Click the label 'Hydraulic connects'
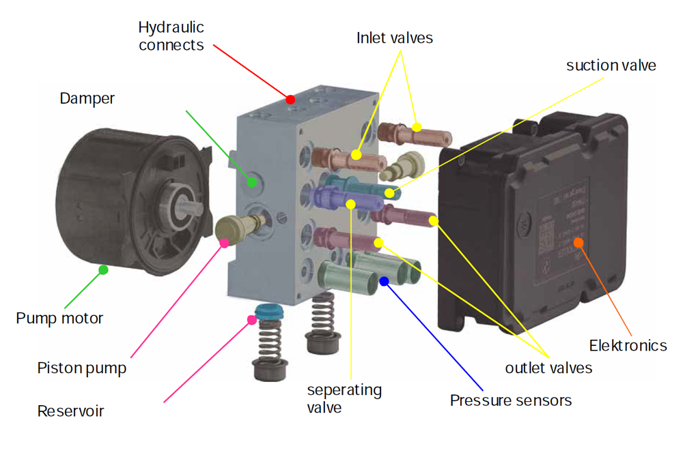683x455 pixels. coord(171,36)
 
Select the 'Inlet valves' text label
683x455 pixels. coord(394,38)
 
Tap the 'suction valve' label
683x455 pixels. coord(611,65)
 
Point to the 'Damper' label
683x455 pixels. coord(87,98)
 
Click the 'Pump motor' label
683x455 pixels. coord(59,318)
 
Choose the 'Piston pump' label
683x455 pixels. coord(81,368)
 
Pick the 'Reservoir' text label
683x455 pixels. coord(70,411)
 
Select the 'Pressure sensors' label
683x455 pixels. coord(510,400)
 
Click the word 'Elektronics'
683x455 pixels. coord(628,345)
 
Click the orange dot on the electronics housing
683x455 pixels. coord(578,241)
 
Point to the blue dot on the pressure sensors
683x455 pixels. coord(385,280)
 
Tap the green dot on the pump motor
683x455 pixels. coord(103,269)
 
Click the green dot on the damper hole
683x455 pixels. coord(252,181)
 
